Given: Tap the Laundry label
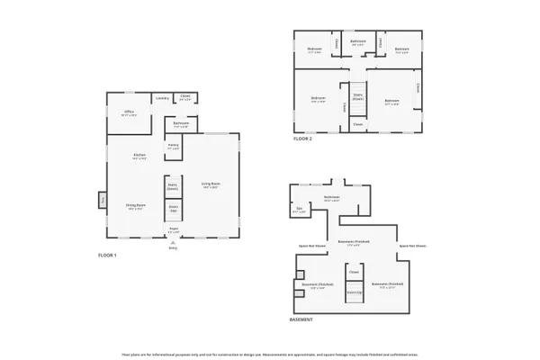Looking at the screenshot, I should point(162,98).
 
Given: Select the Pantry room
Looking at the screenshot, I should point(173,145).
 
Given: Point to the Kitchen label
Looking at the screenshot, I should point(139,157).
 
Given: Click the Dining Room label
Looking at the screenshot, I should point(135,206).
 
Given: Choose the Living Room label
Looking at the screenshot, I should point(211,185).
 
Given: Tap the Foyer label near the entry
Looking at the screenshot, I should point(174,229).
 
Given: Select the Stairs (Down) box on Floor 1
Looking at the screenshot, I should point(173,187).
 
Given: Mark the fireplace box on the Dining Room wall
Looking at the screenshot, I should point(103,199).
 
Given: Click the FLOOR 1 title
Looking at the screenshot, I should point(107,256).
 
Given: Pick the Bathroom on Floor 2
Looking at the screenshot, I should point(357,41).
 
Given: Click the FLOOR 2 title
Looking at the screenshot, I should point(303,139).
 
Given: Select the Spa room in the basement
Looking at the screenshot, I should point(300,211).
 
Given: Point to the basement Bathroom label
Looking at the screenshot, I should point(332,198).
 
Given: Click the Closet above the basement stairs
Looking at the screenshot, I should point(354,271).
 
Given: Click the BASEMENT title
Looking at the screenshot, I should point(301,320).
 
